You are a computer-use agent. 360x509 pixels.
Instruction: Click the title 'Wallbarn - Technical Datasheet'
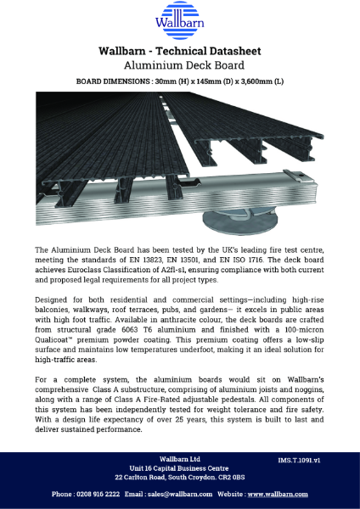[180, 51]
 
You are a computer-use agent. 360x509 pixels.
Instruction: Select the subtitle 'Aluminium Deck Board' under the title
[180, 64]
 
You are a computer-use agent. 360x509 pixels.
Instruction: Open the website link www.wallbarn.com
[279, 493]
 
